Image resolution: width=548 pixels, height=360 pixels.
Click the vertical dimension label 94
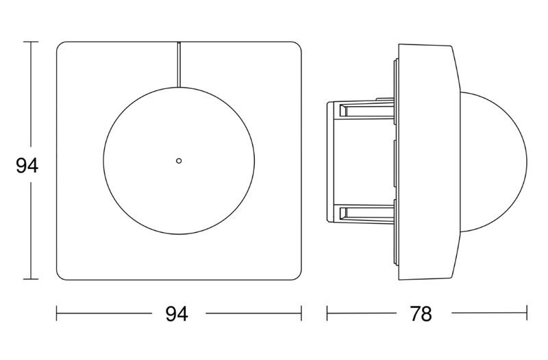coord(27,166)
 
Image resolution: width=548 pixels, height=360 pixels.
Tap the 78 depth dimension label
coord(421,313)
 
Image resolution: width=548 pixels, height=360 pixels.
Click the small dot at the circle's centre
coord(179,161)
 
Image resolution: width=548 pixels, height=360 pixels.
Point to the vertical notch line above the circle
coord(179,64)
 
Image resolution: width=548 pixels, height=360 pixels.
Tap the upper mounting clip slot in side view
coord(367,111)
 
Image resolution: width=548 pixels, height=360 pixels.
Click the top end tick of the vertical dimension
coord(31,42)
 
